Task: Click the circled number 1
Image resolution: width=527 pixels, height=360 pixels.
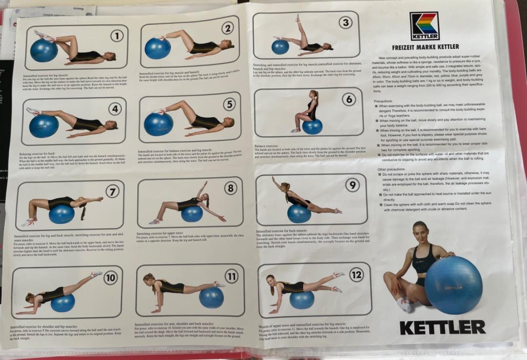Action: coord(117,36)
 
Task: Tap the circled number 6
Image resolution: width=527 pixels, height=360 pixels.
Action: coord(348,100)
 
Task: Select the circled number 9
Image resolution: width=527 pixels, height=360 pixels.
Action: coord(352,185)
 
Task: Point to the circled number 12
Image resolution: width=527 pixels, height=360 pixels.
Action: coord(356,275)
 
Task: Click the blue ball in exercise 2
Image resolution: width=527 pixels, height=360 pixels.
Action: coord(158,48)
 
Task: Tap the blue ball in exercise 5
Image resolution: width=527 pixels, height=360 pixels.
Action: coord(158,124)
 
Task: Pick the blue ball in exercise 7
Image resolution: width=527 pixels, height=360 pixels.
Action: coord(61,214)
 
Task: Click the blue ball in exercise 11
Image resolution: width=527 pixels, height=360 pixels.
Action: coord(211,297)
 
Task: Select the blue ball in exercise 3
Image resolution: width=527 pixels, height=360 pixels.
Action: coord(280,47)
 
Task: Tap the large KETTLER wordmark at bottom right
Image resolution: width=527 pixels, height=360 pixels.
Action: coord(442,327)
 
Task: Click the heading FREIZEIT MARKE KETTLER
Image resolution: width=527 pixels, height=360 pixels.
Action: coord(425,47)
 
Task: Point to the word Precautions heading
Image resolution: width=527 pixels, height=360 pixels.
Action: coord(386,100)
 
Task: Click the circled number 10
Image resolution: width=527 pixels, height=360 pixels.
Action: coord(110,278)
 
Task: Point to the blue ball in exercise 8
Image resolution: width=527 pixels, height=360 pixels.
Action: coord(191,213)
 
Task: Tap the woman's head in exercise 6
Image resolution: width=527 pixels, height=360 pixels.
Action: coord(313,95)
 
